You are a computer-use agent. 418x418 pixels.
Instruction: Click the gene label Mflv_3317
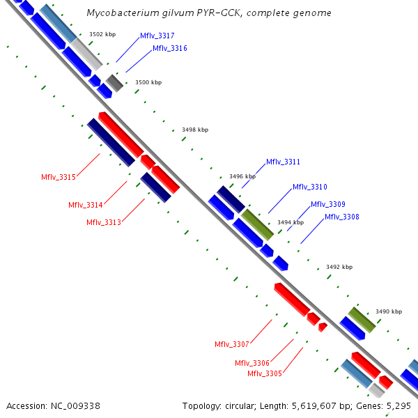click(157, 36)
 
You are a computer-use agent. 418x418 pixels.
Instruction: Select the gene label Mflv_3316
click(169, 48)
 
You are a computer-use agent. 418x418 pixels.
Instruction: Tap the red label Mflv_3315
click(59, 177)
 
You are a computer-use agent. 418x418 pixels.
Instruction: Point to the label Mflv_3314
click(86, 205)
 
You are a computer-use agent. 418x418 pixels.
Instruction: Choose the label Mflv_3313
click(104, 222)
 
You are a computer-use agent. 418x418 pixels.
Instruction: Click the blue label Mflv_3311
click(283, 162)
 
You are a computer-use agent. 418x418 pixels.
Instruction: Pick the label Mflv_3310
click(309, 187)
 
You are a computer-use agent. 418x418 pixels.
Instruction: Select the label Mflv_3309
click(327, 204)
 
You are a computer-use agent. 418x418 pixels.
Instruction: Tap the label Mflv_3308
click(341, 217)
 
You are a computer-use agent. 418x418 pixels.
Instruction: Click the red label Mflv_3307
click(231, 344)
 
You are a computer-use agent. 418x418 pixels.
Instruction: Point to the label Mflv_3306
click(251, 363)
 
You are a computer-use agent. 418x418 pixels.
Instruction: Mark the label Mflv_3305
click(265, 373)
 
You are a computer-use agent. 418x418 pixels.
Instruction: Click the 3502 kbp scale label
click(102, 33)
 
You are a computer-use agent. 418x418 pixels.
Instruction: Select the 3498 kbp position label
click(195, 130)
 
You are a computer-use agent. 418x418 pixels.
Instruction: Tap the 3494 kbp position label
click(291, 222)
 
